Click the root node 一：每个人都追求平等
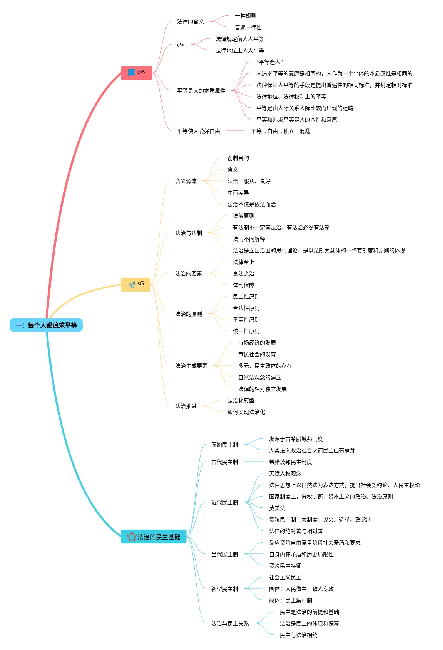(46, 325)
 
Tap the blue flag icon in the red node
(132, 72)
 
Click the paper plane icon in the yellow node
(132, 284)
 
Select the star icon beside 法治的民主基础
(132, 537)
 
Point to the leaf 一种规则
(245, 16)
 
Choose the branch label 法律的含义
(190, 22)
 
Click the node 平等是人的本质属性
(201, 91)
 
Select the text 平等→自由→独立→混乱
(280, 131)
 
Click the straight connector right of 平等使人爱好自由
(235, 131)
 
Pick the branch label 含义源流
(186, 181)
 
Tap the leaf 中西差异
(238, 193)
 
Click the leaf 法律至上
(243, 262)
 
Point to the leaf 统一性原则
(246, 331)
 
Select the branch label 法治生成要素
(191, 366)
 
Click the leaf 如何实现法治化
(246, 412)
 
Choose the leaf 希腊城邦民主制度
(290, 462)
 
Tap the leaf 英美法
(277, 508)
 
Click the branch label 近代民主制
(224, 502)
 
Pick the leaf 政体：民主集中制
(290, 600)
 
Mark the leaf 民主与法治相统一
(301, 635)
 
